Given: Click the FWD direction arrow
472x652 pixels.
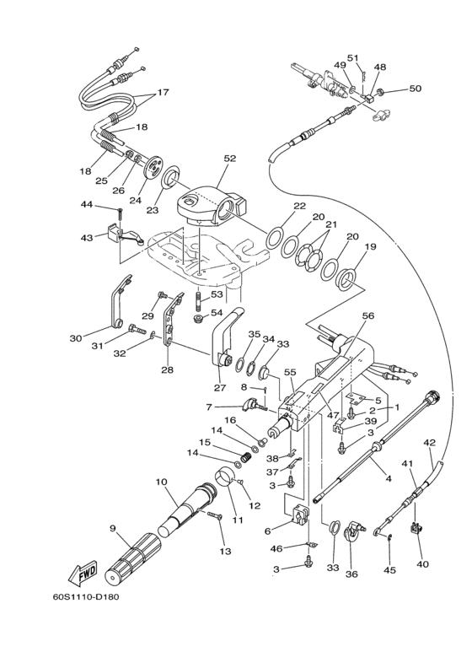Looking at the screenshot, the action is (82, 574).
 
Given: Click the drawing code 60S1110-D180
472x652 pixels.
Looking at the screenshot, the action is (86, 597).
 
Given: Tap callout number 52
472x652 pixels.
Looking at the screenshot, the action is (230, 159).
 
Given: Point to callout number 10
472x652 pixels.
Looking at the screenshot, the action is (161, 482).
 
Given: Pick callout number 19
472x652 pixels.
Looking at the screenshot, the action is (370, 246).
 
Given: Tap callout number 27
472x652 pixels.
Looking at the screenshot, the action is (219, 388).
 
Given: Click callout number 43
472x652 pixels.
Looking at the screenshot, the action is (87, 238).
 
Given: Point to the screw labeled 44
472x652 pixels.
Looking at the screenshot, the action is (121, 216).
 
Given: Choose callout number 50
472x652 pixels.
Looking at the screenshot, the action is (415, 89).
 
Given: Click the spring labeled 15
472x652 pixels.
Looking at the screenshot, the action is (248, 456).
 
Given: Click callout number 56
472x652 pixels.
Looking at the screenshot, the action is (368, 315).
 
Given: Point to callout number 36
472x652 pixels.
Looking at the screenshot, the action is (351, 574).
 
